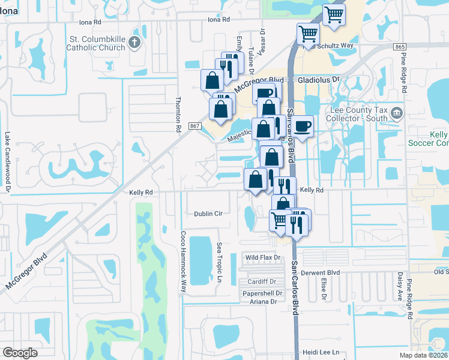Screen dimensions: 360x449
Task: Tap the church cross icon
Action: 134,43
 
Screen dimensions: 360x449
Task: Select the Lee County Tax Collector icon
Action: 396,113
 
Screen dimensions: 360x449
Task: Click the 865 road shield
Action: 400,47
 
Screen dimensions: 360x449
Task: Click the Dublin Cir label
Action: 208,214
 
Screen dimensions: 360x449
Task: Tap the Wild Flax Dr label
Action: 263,257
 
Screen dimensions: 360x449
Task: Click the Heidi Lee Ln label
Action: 323,352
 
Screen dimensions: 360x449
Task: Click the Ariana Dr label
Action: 264,302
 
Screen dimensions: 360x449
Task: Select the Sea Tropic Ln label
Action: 219,263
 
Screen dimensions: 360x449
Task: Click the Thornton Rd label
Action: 178,115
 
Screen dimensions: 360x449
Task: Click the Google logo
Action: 20,353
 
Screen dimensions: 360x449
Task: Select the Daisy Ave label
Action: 399,286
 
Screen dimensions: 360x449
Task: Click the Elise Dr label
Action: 324,289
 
